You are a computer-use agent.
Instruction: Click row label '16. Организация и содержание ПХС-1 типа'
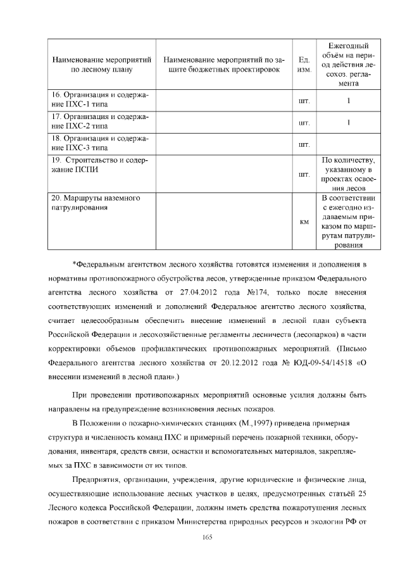(100, 100)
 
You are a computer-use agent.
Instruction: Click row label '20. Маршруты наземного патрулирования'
(96, 203)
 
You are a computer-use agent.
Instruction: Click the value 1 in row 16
(349, 100)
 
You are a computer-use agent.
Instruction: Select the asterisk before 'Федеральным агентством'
(74, 263)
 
